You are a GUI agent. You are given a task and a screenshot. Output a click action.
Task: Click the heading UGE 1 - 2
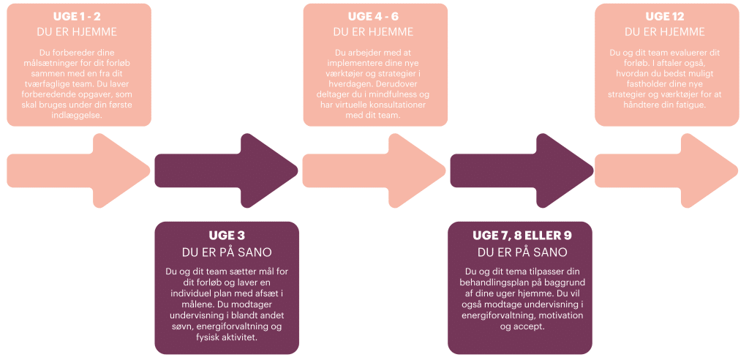pos(79,18)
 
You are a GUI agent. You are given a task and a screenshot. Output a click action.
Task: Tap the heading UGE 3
pos(227,236)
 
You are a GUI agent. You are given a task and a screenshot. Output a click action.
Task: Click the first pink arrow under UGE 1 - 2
pos(79,170)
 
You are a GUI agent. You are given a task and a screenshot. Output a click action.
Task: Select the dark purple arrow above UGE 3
pos(227,170)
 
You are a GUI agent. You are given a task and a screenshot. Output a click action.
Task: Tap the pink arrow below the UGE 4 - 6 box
pos(374,170)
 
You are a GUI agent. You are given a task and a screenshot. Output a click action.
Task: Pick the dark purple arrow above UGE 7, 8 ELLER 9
pos(522,170)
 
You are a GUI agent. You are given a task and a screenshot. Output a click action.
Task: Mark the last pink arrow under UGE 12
pos(666,170)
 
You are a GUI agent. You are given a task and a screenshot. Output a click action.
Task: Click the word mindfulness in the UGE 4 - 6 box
pos(399,94)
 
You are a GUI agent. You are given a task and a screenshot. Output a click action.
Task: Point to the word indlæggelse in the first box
pos(79,115)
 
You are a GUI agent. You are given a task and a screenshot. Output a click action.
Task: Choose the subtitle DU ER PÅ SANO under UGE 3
pos(227,253)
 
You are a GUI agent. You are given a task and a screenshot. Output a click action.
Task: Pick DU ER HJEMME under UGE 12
pos(664,32)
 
